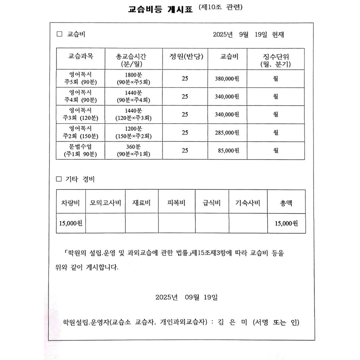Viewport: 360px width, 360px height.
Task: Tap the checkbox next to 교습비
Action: (x=60, y=34)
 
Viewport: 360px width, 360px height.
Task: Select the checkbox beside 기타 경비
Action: (x=59, y=179)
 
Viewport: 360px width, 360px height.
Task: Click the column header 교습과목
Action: (x=81, y=56)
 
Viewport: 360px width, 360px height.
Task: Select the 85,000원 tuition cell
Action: (x=228, y=151)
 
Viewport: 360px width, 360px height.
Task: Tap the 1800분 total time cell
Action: (x=133, y=78)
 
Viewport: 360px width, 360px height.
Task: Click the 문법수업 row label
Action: (x=80, y=150)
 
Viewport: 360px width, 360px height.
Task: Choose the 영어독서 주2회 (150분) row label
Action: (x=80, y=132)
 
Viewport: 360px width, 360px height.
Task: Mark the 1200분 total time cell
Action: (x=133, y=132)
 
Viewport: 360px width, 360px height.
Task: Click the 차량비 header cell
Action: (x=71, y=202)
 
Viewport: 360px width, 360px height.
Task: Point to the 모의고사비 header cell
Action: (x=105, y=202)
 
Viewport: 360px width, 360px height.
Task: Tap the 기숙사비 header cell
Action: (x=248, y=202)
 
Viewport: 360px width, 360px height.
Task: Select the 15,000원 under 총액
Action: (x=286, y=223)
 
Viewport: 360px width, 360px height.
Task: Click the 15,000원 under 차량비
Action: (x=71, y=223)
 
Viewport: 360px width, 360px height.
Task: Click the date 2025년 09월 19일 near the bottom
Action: (x=186, y=297)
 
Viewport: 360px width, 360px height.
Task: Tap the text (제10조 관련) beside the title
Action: (x=220, y=7)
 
